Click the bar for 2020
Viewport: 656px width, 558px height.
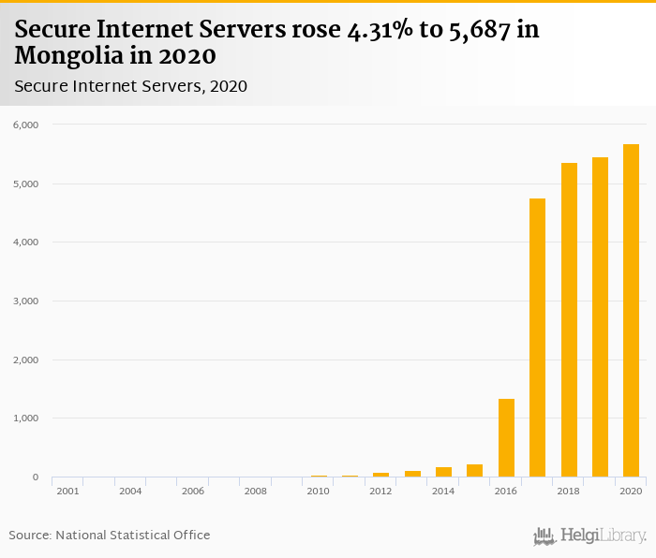631,311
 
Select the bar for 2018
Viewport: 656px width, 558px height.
569,320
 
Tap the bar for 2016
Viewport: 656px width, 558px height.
506,438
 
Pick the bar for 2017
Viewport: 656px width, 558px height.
537,338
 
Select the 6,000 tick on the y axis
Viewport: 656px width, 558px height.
24,125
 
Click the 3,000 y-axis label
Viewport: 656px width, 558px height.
24,301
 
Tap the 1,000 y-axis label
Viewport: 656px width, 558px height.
24,418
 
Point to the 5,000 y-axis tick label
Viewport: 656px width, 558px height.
24,184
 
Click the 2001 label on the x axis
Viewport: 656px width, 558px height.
67,491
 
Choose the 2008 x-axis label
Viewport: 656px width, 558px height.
255,491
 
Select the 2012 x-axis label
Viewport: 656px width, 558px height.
380,491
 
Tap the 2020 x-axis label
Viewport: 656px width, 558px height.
631,491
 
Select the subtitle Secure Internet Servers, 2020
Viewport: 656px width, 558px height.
130,86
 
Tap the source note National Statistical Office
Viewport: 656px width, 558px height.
132,535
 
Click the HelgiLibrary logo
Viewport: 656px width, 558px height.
590,536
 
